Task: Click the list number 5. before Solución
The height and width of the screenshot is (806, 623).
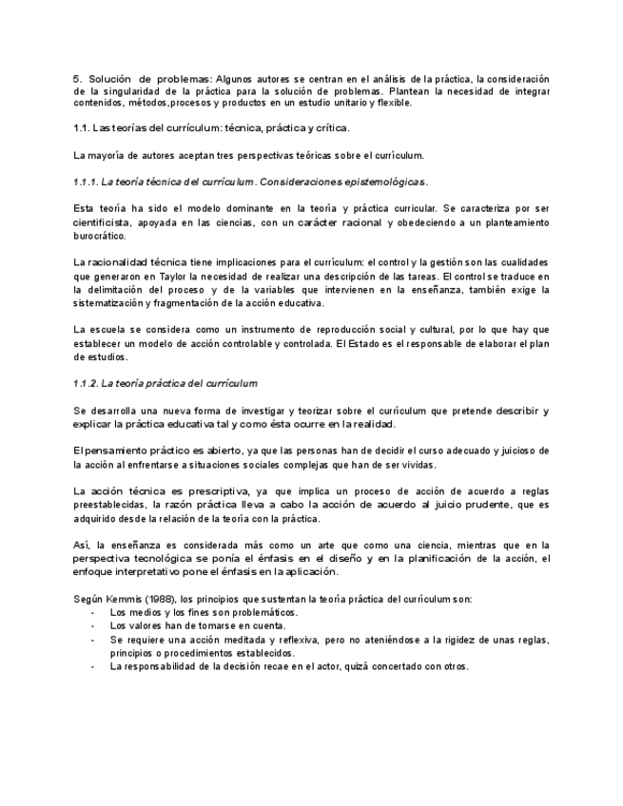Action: coord(77,78)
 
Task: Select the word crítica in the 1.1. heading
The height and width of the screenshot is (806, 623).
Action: coord(331,127)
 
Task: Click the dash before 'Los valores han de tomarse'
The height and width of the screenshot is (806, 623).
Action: coord(92,626)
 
